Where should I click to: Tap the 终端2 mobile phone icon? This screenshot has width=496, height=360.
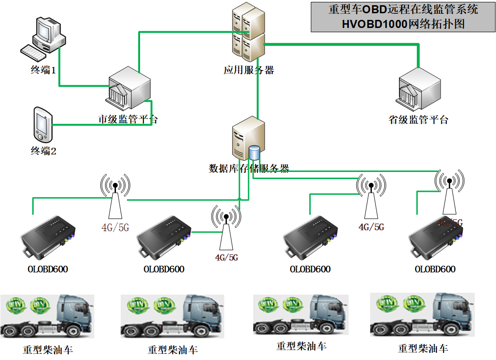click(42, 125)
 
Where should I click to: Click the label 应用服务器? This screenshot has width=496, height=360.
click(248, 71)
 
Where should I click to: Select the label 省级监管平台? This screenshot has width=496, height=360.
click(418, 119)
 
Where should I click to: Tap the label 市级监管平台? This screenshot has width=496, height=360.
click(128, 119)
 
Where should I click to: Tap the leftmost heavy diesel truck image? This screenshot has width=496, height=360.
click(47, 316)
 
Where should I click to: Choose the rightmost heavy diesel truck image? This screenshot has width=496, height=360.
click(422, 315)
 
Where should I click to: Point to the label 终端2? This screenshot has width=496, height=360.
click(44, 151)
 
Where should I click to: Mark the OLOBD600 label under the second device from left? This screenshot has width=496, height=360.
click(164, 269)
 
